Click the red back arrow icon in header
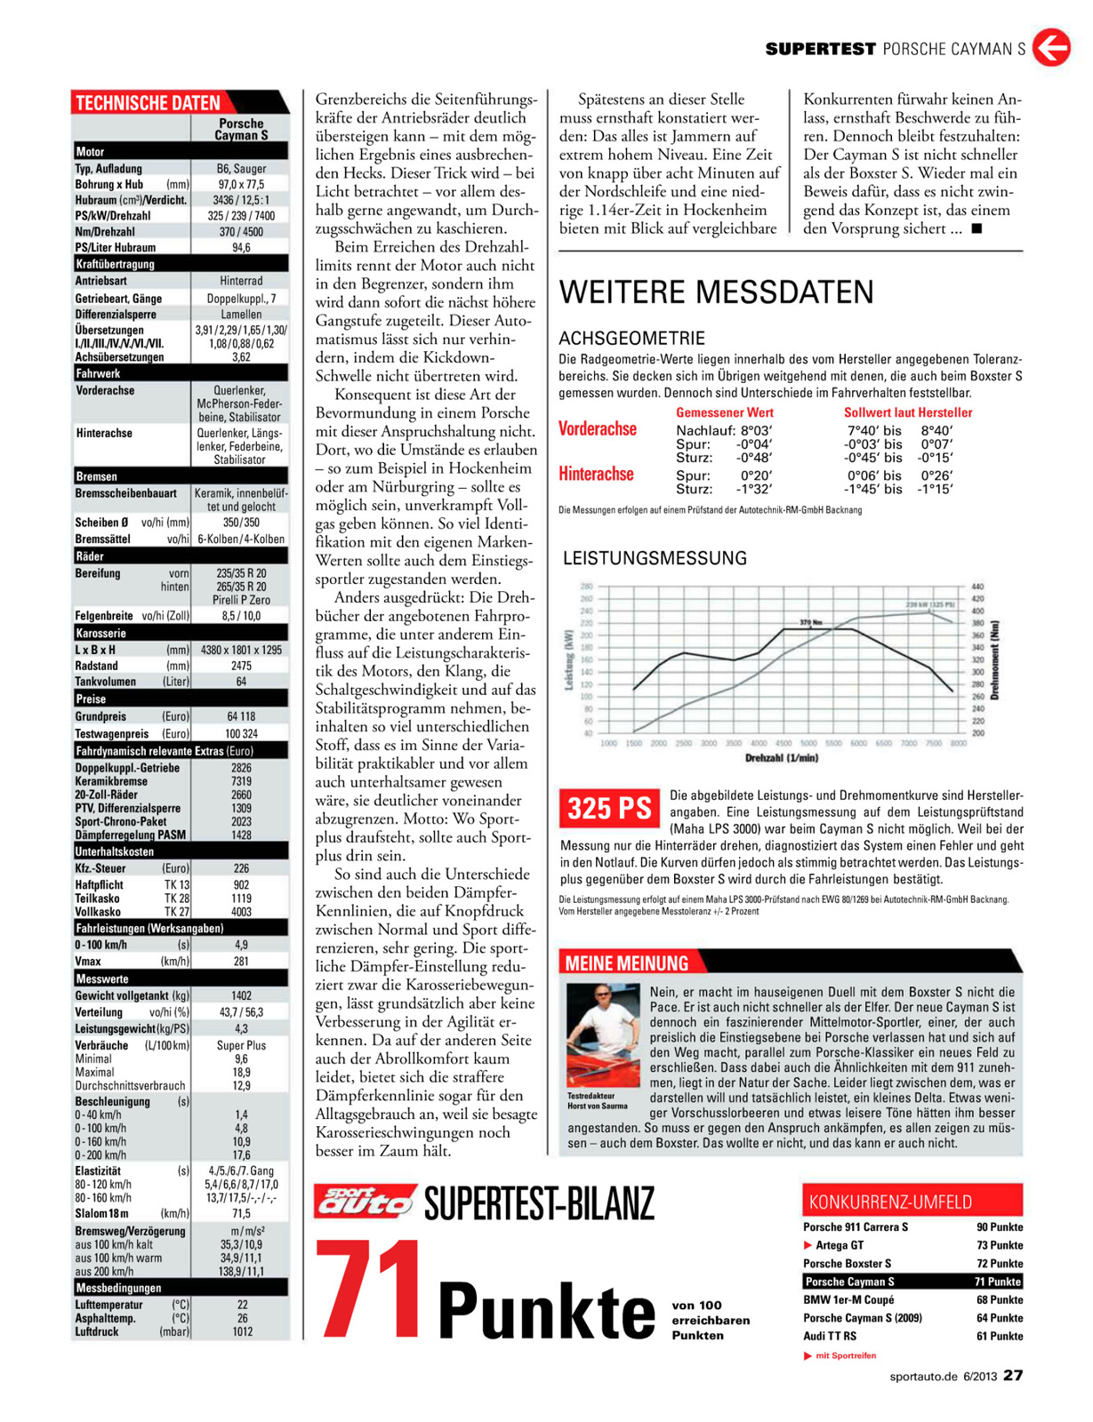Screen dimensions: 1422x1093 [1051, 47]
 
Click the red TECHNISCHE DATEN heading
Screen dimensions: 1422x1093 [149, 103]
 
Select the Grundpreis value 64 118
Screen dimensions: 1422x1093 [241, 716]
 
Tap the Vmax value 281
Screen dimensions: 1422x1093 [241, 961]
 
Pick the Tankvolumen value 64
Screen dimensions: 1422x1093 [241, 682]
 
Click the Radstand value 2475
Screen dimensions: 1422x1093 [241, 666]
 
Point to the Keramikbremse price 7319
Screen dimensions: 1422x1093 [241, 781]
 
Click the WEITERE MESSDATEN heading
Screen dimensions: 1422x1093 [716, 292]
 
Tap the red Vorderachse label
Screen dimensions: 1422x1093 [598, 429]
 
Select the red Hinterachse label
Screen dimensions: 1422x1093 [596, 475]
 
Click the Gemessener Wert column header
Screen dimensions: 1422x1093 [725, 412]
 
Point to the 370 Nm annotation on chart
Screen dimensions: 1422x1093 [810, 621]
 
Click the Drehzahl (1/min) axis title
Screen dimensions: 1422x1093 [782, 758]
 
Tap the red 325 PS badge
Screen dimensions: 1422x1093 [610, 808]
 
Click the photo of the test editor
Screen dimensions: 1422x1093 [603, 1035]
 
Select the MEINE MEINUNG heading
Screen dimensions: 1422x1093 [627, 963]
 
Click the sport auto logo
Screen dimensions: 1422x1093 [366, 1202]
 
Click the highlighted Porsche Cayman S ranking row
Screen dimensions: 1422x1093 [912, 1282]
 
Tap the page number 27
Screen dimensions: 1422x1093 [1013, 1375]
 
